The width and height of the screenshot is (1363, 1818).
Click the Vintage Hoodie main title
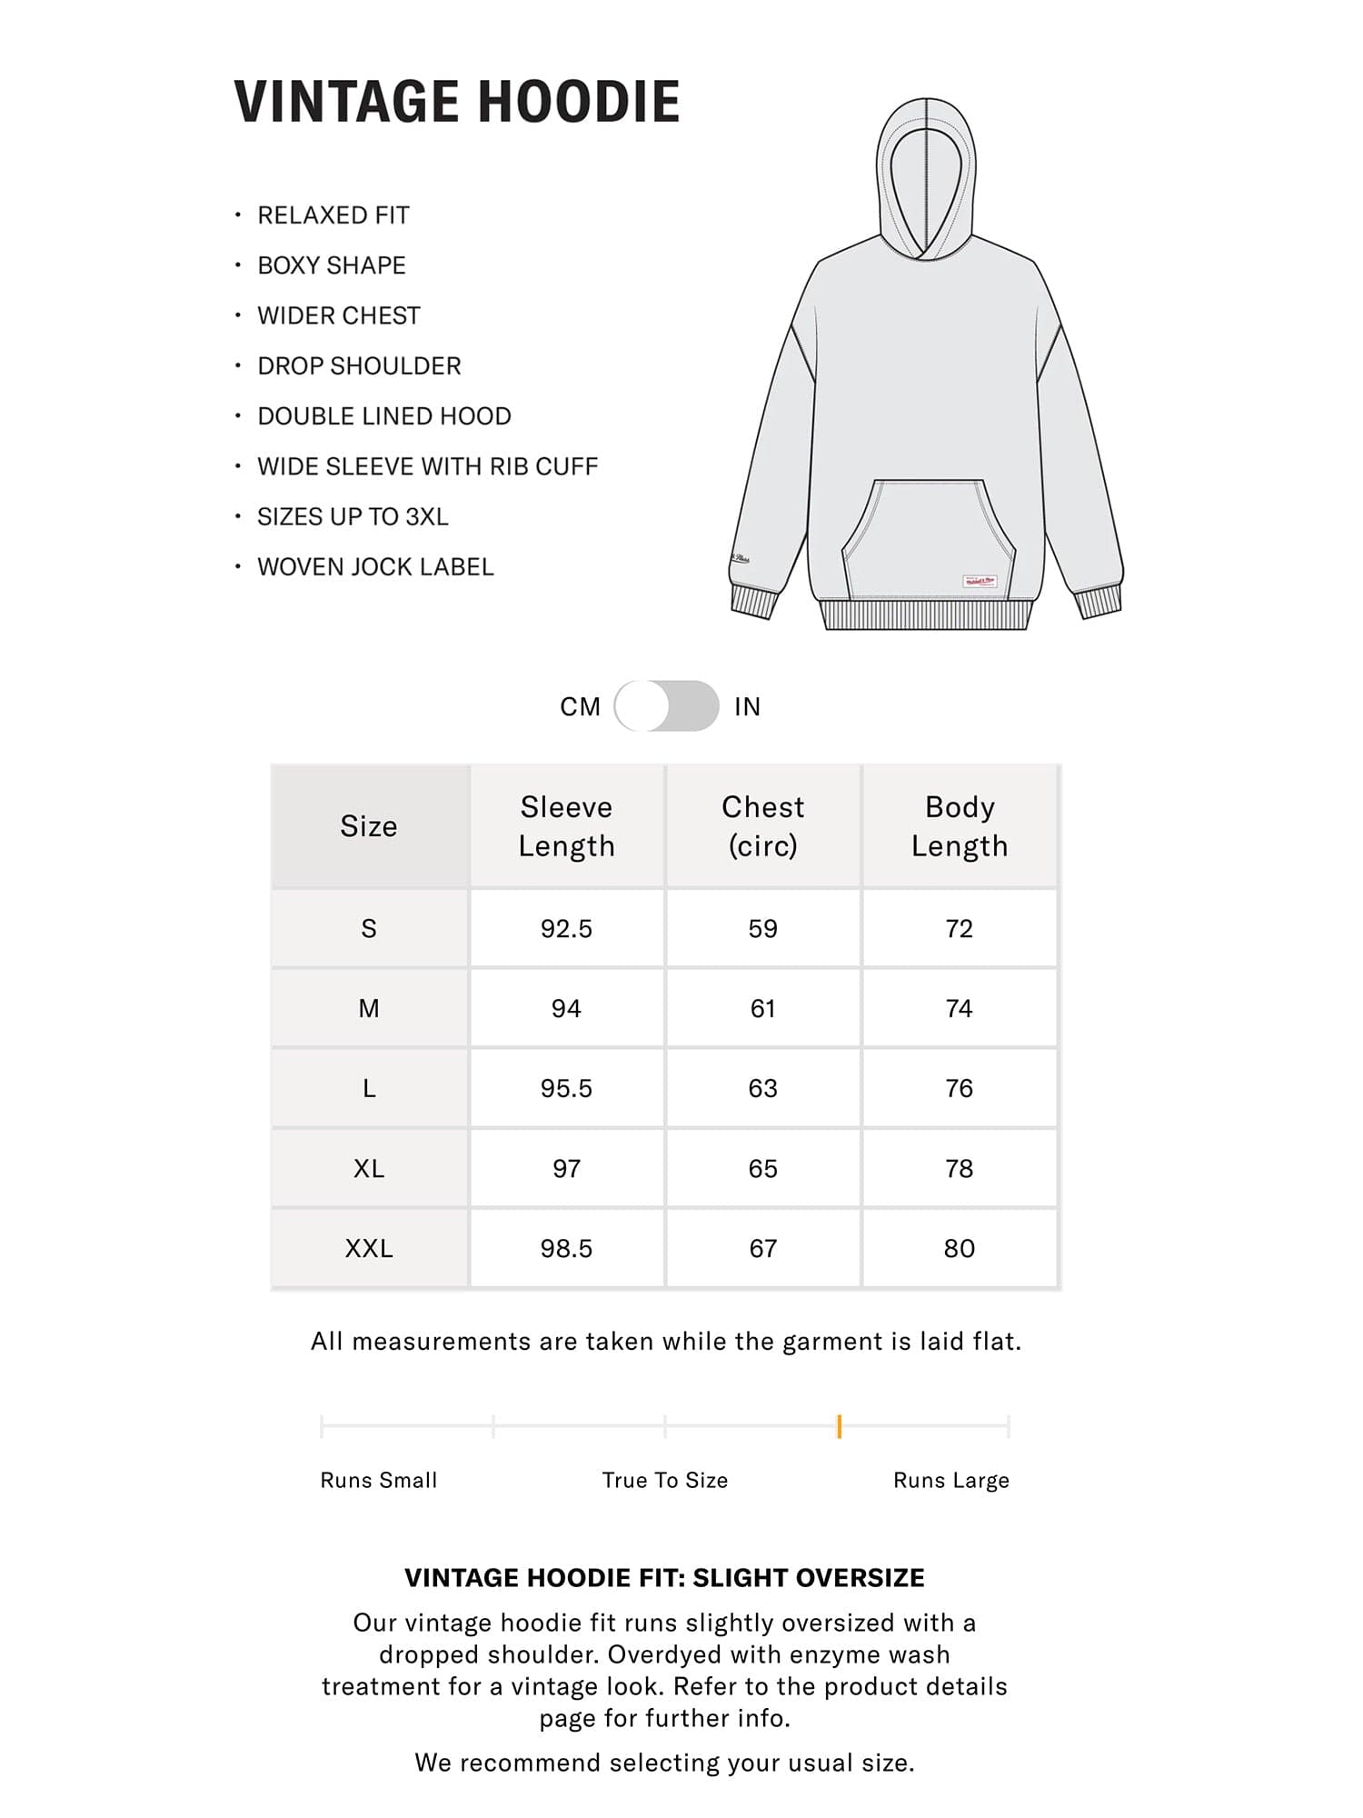tap(457, 101)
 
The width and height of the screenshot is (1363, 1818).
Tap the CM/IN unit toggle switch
tap(666, 706)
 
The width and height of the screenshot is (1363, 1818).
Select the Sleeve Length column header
tap(566, 826)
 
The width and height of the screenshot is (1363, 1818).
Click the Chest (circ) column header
tap(762, 826)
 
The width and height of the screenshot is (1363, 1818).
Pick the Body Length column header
tap(960, 826)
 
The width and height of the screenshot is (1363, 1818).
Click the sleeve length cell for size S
tap(566, 928)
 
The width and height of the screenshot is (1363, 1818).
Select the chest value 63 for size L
tap(762, 1088)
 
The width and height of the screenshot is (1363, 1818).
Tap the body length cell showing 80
tap(960, 1248)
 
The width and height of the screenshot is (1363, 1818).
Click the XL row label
tap(369, 1168)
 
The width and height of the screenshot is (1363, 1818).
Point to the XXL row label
tap(369, 1248)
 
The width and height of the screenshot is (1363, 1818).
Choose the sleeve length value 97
tap(566, 1168)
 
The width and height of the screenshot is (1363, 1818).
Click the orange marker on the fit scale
tap(839, 1426)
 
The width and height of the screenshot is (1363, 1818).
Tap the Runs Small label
tap(378, 1481)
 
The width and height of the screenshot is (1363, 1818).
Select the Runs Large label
tap(951, 1481)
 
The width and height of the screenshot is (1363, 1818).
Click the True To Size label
tap(665, 1481)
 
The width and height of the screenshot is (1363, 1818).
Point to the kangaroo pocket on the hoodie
tap(928, 536)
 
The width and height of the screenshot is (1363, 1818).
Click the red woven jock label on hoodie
tap(980, 580)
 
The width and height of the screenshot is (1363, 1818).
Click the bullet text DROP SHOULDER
tap(359, 366)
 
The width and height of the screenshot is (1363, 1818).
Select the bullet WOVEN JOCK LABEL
tap(375, 567)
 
